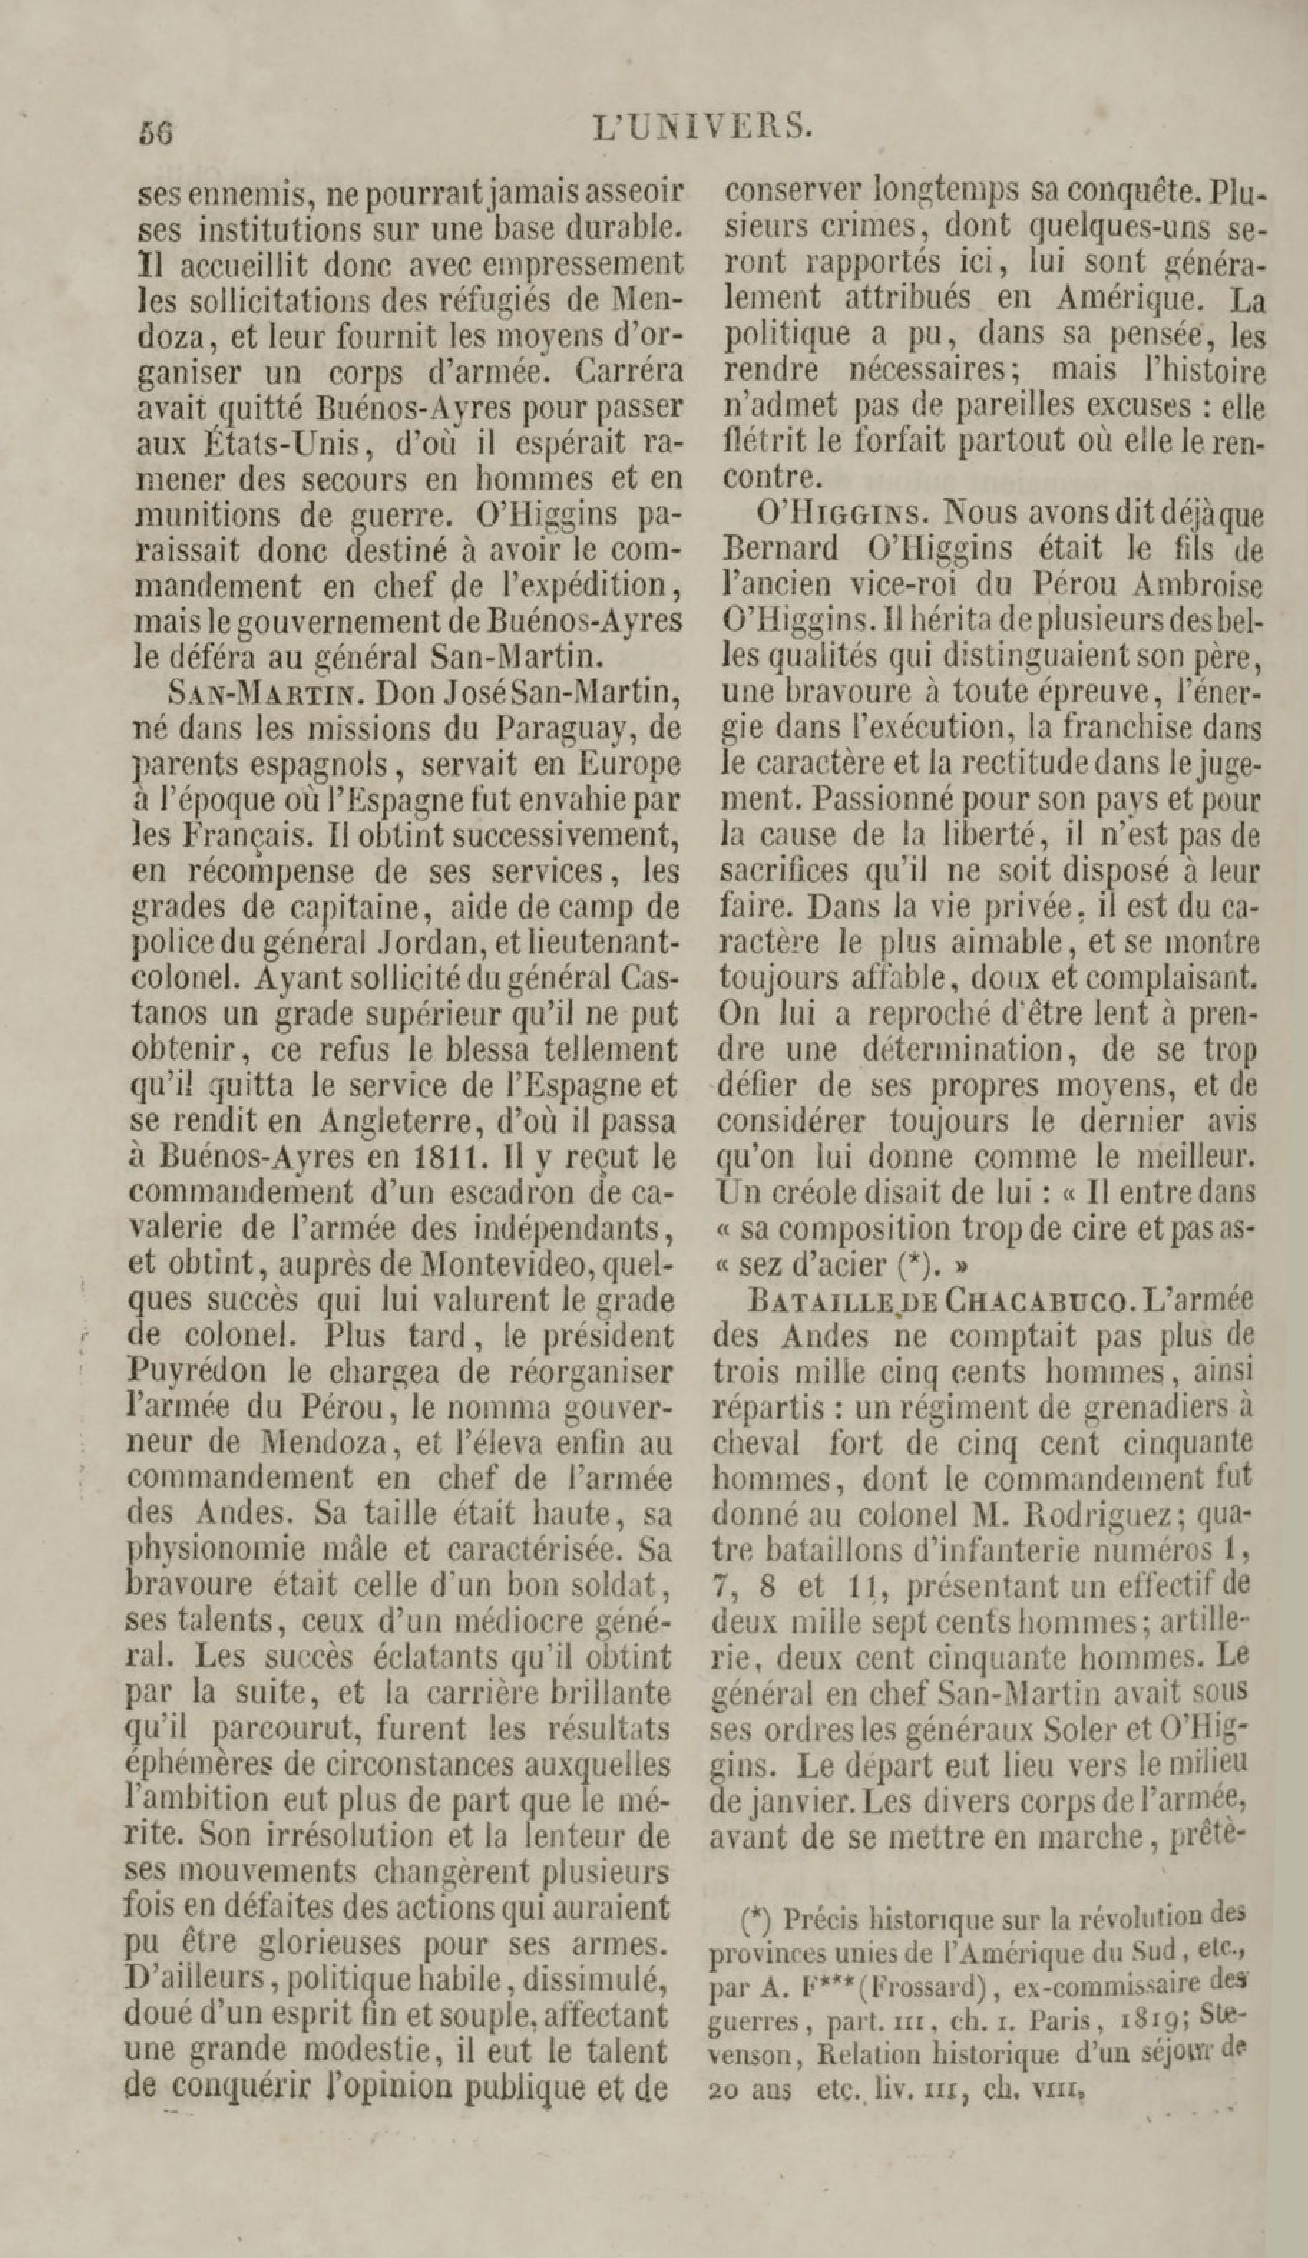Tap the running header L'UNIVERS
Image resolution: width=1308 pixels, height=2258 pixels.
coord(703,126)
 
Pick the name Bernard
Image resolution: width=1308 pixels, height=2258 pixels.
coord(782,549)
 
